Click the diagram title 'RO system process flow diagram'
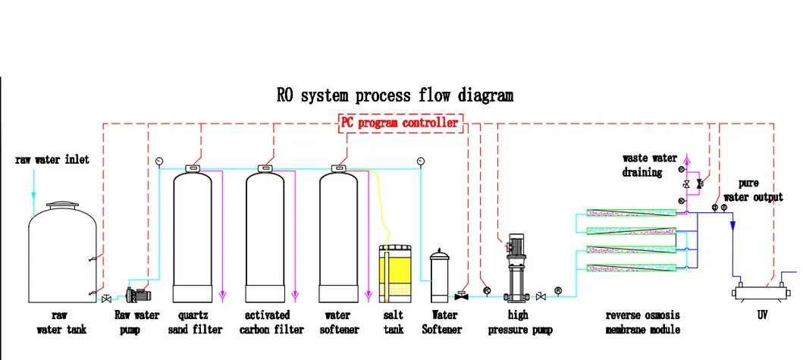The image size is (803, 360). [394, 95]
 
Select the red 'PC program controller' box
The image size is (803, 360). [399, 123]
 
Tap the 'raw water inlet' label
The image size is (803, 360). [52, 159]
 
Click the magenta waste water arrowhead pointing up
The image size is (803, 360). [689, 160]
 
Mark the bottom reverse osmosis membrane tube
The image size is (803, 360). [631, 267]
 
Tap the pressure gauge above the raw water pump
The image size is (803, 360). [158, 160]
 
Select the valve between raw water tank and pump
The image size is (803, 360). [106, 299]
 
